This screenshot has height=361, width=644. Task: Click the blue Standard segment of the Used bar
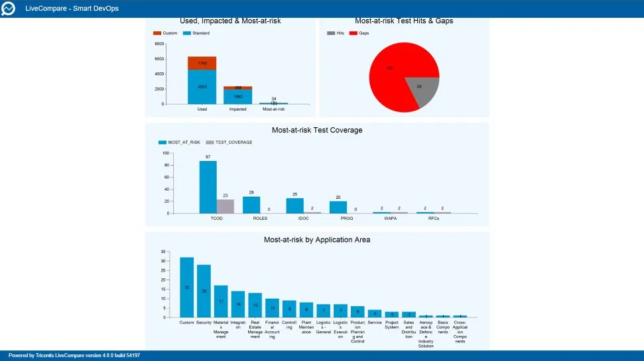pos(202,87)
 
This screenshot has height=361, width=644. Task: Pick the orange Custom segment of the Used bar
pos(202,63)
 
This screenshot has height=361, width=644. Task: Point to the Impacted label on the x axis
pos(238,109)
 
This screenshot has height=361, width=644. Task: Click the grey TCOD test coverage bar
pos(225,206)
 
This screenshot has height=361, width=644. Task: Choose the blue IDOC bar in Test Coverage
pos(295,205)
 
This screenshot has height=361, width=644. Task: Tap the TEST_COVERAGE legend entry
pos(231,142)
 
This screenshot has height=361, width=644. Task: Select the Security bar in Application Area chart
pos(204,291)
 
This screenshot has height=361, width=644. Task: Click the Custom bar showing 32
pos(186,287)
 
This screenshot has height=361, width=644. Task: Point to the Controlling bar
pos(289,309)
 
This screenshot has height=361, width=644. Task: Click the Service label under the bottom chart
pos(375,323)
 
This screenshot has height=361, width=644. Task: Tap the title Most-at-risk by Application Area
pos(317,240)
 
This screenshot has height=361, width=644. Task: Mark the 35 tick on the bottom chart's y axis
pos(162,252)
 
